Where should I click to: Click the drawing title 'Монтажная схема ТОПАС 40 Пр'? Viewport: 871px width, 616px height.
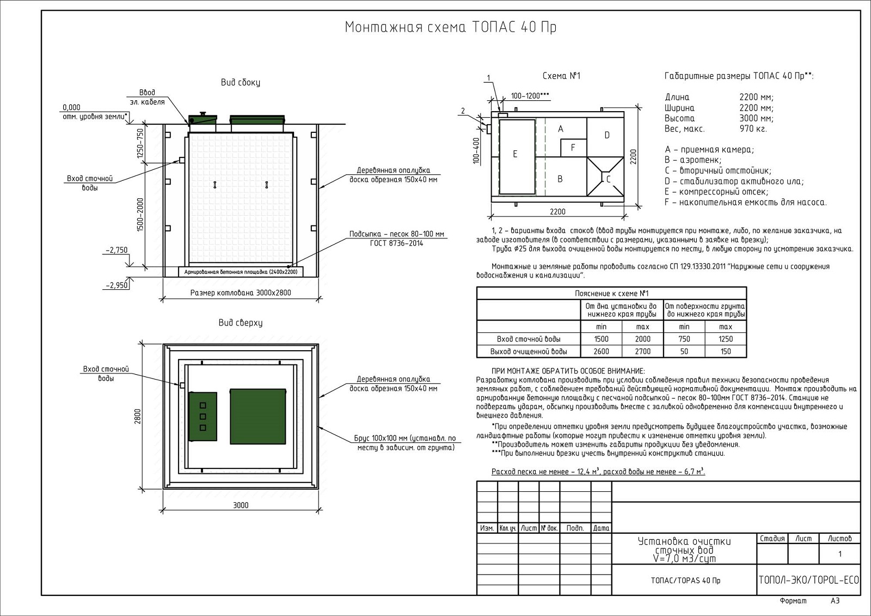[x=451, y=27]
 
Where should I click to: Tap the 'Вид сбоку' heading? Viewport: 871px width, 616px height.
[x=240, y=82]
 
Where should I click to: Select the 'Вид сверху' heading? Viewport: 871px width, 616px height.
[x=240, y=322]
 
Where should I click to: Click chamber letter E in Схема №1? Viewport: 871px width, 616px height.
[x=515, y=154]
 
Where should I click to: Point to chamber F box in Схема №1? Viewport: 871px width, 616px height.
[x=573, y=148]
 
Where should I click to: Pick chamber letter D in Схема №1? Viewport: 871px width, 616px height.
[x=606, y=135]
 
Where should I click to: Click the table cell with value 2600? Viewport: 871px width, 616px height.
[x=601, y=351]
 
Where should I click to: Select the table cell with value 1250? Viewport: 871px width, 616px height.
[x=726, y=339]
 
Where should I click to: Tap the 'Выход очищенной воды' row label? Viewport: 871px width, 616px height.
[x=529, y=351]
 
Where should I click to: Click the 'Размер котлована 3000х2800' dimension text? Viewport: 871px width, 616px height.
[x=241, y=292]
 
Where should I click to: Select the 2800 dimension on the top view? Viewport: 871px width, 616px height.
[x=138, y=416]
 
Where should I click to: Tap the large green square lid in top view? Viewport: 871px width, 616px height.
[x=257, y=417]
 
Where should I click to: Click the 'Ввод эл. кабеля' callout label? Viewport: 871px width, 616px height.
[x=147, y=97]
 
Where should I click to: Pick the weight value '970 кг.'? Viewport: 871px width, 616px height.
[x=753, y=129]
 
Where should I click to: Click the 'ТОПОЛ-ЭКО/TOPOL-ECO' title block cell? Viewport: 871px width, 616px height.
[x=808, y=580]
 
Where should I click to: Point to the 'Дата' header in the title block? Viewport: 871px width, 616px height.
[x=601, y=528]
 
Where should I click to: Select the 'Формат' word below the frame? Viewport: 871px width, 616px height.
[x=793, y=601]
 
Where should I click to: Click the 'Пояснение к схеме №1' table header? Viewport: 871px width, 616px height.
[x=611, y=293]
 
